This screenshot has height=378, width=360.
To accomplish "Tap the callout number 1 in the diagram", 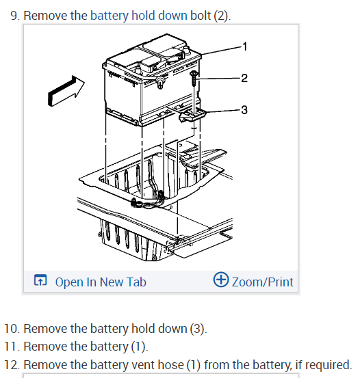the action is [245, 46].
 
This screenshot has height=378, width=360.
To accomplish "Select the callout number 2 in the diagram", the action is [244, 78].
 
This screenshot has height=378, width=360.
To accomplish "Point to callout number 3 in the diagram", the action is [244, 110].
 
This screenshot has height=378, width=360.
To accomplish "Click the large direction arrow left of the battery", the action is [66, 91].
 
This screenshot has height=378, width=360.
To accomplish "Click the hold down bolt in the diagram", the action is [194, 78].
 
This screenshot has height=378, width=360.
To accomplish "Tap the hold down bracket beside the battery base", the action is [192, 115].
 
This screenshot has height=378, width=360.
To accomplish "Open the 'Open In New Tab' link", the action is [101, 282].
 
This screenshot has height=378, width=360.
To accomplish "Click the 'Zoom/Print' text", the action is [262, 282].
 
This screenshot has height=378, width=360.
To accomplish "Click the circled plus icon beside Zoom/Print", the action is [220, 280].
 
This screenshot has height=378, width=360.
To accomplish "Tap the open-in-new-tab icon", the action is [40, 280].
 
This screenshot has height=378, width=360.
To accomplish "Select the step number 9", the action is [15, 16].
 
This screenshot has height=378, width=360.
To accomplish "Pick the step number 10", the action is [12, 329].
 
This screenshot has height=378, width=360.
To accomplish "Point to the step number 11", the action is [12, 347].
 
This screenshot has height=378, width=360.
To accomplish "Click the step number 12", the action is [12, 365].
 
